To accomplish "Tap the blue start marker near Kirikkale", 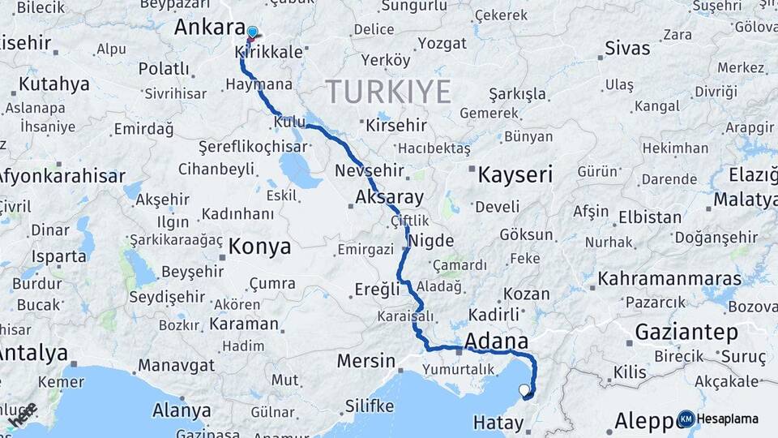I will pyautogui.click(x=252, y=33).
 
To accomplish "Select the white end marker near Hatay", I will pyautogui.click(x=525, y=391).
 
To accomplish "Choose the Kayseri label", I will pyautogui.click(x=515, y=174).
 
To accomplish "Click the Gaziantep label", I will pyautogui.click(x=686, y=332).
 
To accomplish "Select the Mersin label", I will pyautogui.click(x=365, y=361).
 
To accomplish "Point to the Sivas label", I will pyautogui.click(x=627, y=48).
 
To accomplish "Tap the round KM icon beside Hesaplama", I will pyautogui.click(x=686, y=419).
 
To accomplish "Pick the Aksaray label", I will pyautogui.click(x=389, y=197).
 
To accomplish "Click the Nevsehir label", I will pyautogui.click(x=369, y=171).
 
